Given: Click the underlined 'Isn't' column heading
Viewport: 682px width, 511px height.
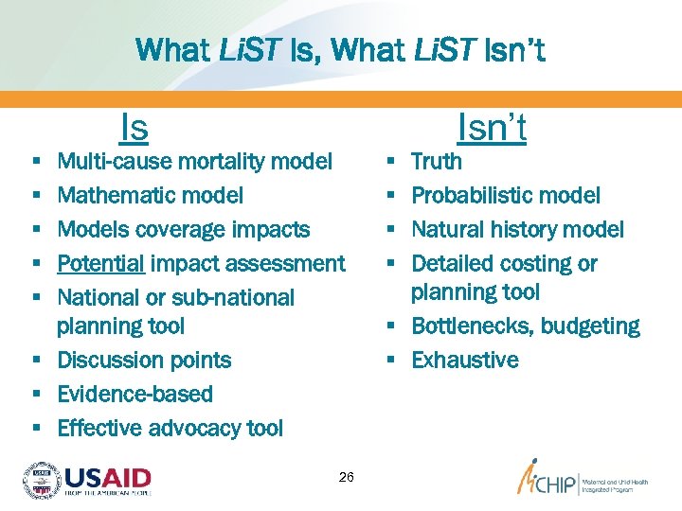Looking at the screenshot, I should click(x=492, y=126).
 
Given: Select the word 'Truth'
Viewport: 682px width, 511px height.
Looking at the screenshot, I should click(x=437, y=162).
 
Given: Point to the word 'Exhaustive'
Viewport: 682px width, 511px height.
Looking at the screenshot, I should click(x=465, y=360).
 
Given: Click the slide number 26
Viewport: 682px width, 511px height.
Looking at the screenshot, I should click(x=346, y=477).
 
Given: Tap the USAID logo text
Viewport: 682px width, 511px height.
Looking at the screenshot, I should click(x=106, y=476).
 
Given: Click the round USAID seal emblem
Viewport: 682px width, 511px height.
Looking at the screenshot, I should click(x=42, y=480).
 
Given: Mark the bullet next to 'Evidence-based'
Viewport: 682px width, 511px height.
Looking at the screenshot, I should click(x=35, y=395).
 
